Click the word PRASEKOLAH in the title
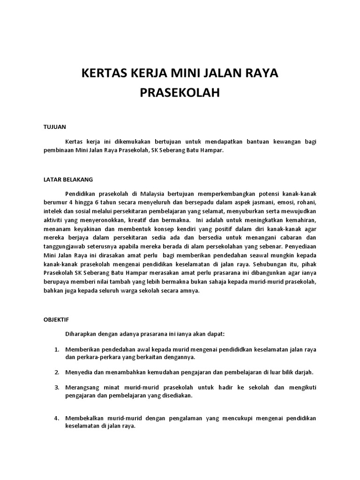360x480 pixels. pyautogui.click(x=180, y=93)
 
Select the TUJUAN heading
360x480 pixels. pyautogui.click(x=55, y=127)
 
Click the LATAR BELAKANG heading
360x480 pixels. pyautogui.click(x=68, y=179)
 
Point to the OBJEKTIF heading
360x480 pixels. pyautogui.click(x=56, y=319)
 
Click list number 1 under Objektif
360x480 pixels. pyautogui.click(x=56, y=349)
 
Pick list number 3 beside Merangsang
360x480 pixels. pyautogui.click(x=56, y=387)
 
